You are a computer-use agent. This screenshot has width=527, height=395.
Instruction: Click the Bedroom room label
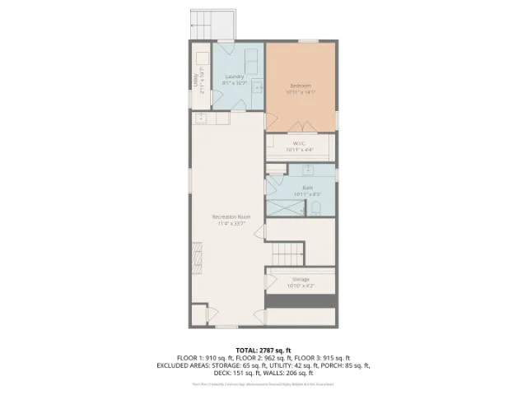(301, 85)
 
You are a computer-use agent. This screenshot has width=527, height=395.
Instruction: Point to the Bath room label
(307, 188)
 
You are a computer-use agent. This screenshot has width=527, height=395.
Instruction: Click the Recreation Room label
(231, 216)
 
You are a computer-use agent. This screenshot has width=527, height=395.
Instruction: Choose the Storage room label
(301, 279)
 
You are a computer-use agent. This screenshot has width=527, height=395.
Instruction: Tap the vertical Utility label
(196, 80)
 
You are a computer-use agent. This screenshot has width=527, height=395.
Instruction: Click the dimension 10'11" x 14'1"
(301, 91)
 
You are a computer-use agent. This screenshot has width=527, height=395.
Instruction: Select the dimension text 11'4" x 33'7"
(231, 223)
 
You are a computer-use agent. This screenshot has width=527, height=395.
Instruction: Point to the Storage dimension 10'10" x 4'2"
(301, 286)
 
